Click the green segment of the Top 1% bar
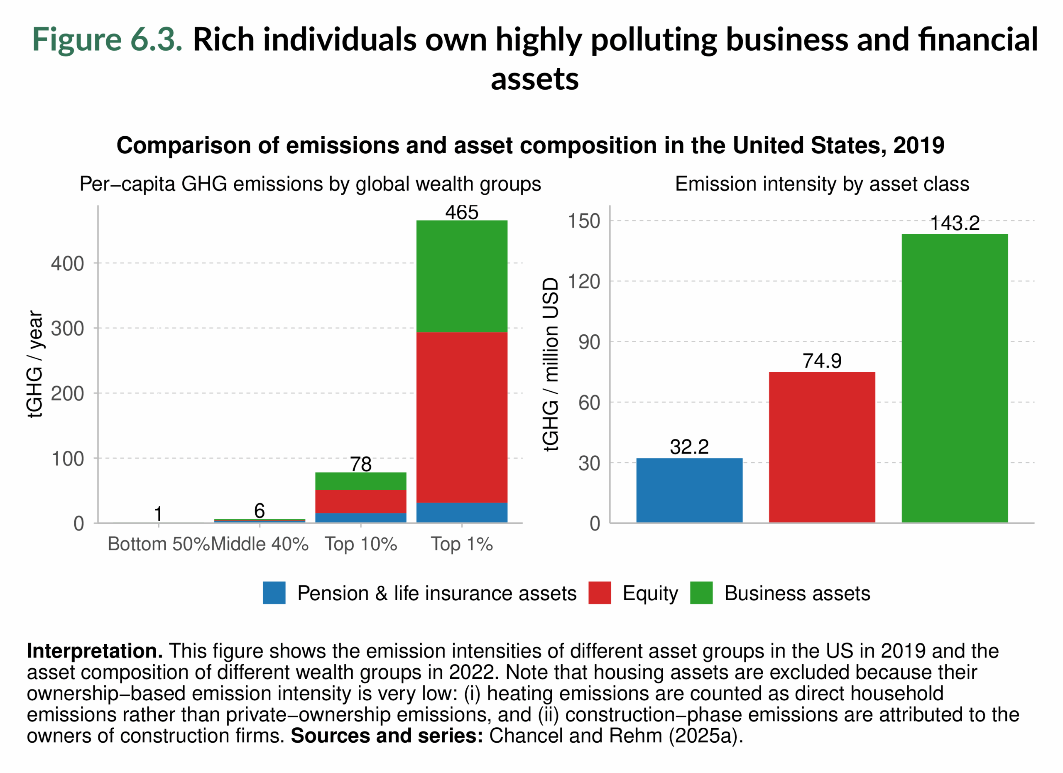462,276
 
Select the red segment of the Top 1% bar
462,417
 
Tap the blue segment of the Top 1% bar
462,513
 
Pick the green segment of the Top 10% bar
360,481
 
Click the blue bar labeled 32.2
689,490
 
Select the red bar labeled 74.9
822,447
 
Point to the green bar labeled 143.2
954,378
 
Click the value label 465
462,212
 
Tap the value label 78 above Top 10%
360,464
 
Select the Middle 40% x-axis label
260,544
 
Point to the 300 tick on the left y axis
68,329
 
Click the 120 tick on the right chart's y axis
583,282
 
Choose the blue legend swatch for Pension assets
274,593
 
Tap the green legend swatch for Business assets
701,593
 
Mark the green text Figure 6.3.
107,39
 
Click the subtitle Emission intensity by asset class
822,184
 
